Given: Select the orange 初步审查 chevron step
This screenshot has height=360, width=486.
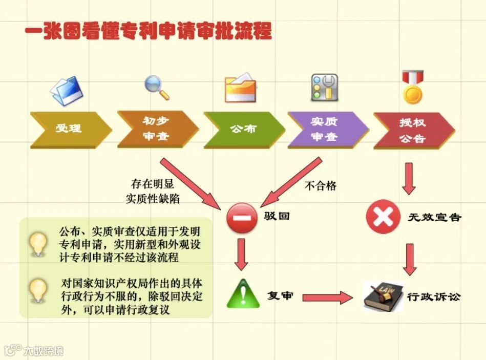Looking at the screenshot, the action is [x=157, y=129].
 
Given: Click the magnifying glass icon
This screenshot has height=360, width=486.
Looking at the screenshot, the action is [x=156, y=88].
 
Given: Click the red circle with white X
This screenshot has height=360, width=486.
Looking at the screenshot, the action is [x=382, y=217].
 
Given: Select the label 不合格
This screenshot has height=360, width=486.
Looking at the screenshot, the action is [x=321, y=186].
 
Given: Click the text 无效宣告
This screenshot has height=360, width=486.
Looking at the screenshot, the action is [x=434, y=217].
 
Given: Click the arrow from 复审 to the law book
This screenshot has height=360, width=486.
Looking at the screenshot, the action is [x=328, y=297].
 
